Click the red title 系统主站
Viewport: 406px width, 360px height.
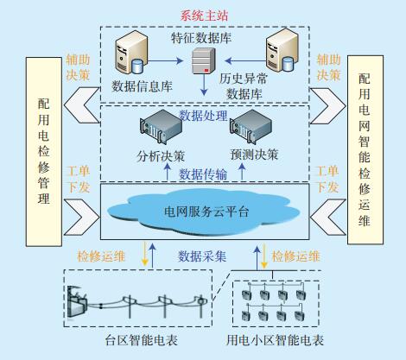point(204,16)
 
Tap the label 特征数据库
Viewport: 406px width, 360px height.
point(201,38)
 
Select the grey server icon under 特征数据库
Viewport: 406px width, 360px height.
point(204,60)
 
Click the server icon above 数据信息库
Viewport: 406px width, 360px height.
point(131,53)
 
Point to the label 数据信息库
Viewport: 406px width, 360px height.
point(142,86)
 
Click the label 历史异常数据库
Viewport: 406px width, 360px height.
point(244,86)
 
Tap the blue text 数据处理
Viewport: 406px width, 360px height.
point(204,116)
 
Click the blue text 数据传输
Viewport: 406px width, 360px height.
point(203,174)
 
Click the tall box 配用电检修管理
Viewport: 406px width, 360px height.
point(44,152)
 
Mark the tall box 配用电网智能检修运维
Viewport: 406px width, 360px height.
point(365,150)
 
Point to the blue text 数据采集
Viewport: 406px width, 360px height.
point(202,256)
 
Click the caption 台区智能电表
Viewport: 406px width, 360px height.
point(142,340)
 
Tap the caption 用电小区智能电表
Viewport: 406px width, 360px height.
point(275,340)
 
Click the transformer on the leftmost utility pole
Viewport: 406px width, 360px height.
point(75,302)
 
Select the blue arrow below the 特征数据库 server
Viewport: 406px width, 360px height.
point(204,85)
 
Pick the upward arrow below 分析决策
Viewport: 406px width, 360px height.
point(168,173)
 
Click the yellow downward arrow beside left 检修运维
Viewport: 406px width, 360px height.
point(144,254)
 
